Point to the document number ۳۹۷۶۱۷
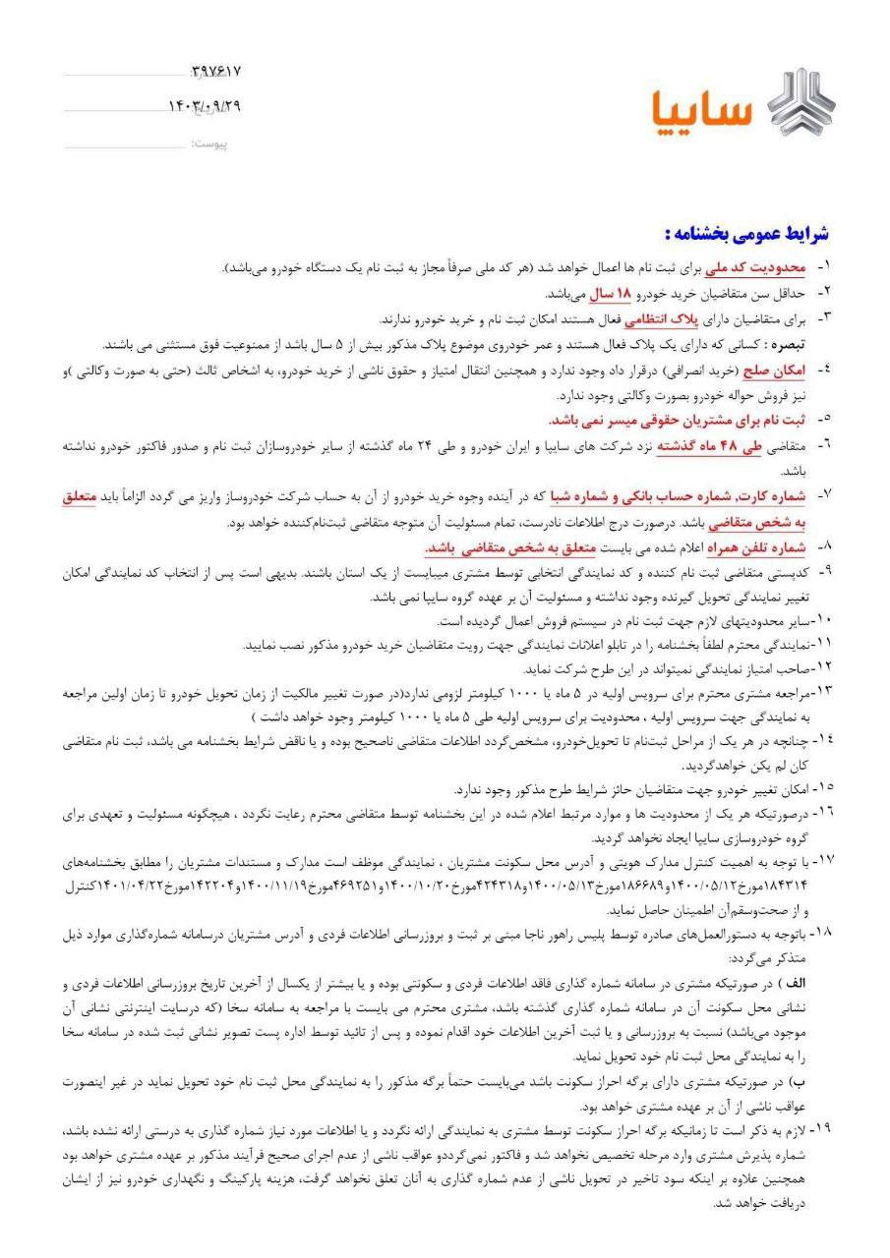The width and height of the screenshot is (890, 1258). click(x=215, y=72)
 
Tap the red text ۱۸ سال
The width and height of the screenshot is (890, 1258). click(x=616, y=293)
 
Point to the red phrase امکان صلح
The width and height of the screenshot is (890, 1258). click(x=776, y=371)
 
